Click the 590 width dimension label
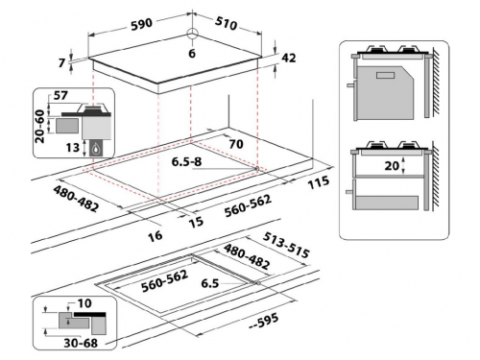tap(142, 25)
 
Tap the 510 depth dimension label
tap(226, 23)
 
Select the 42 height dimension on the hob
tap(289, 58)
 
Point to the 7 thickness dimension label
tap(62, 62)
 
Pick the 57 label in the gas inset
tap(60, 95)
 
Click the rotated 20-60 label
tap(39, 126)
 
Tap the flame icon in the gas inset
tap(96, 149)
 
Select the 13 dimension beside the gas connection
tap(73, 148)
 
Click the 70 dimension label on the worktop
tap(236, 144)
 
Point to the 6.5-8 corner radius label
tap(186, 161)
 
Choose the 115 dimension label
tap(319, 182)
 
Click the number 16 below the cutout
tap(156, 236)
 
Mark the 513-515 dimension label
tap(286, 245)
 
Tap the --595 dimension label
tap(263, 322)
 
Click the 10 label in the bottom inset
tap(84, 303)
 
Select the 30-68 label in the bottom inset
tap(81, 343)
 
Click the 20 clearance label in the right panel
tap(392, 166)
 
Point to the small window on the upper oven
tap(386, 76)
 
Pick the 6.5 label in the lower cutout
tap(210, 283)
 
